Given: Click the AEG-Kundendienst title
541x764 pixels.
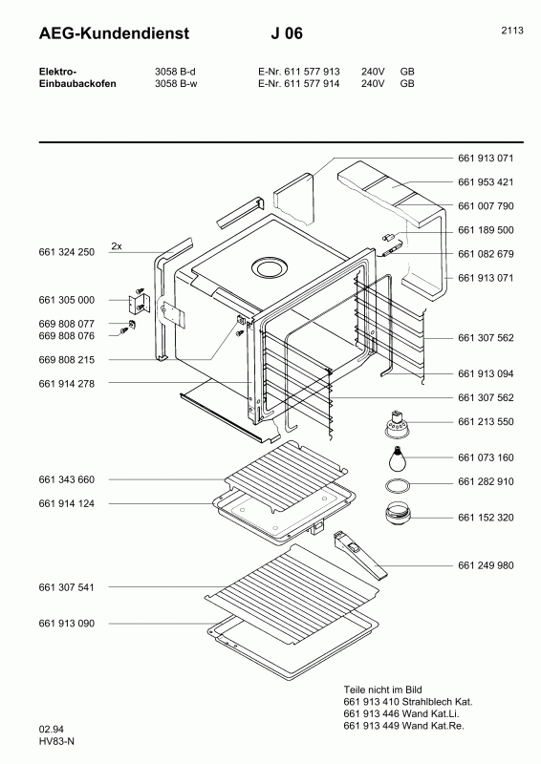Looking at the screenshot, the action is point(114,33).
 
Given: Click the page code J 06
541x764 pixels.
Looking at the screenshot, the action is point(287,33).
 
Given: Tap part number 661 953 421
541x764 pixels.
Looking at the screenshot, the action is point(486,181).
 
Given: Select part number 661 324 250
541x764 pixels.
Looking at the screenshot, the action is point(66,252).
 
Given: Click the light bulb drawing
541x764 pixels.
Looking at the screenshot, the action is point(399,458).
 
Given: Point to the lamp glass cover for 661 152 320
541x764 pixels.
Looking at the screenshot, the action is point(398,514).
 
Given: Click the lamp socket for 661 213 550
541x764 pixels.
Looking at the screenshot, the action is point(399,423).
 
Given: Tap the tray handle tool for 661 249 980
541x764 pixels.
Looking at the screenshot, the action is point(360,555).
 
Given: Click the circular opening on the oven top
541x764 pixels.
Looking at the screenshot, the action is point(269,267).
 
